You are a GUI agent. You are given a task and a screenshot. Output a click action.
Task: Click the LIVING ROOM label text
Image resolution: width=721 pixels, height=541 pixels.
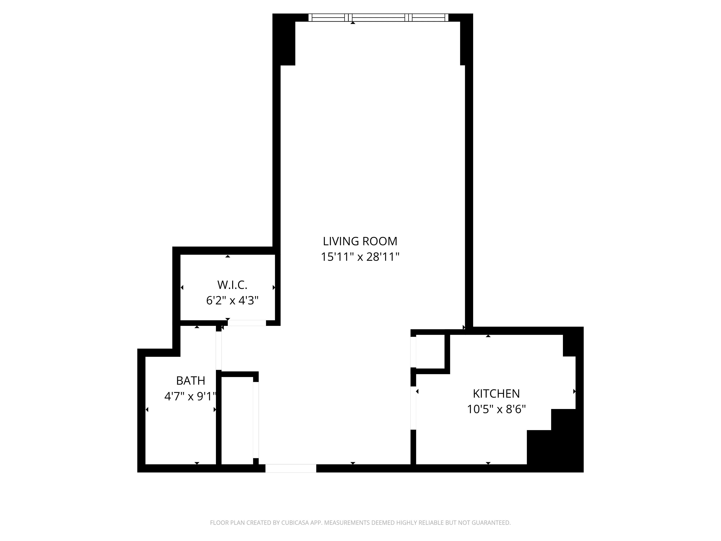point(360,241)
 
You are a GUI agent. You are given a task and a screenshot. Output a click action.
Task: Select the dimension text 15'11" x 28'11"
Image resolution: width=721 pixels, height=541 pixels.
point(360,257)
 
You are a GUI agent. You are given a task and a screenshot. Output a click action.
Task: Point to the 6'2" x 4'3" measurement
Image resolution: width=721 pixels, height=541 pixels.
point(232,300)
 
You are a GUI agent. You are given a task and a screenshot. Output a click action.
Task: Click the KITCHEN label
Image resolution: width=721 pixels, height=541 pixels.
point(496,394)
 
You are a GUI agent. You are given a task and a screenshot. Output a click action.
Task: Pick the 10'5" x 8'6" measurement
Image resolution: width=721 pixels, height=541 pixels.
point(496,409)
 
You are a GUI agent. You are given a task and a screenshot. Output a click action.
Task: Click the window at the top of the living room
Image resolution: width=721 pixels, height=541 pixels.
point(378,18)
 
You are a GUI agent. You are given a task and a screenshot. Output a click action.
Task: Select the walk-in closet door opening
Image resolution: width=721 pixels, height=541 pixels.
point(247,323)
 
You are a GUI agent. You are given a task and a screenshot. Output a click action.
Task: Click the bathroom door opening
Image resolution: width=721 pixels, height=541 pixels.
point(219,351)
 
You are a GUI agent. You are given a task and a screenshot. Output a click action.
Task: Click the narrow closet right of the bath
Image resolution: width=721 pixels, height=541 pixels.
point(237,421)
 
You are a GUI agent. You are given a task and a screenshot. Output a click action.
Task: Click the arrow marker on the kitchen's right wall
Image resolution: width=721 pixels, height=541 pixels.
point(574,391)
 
